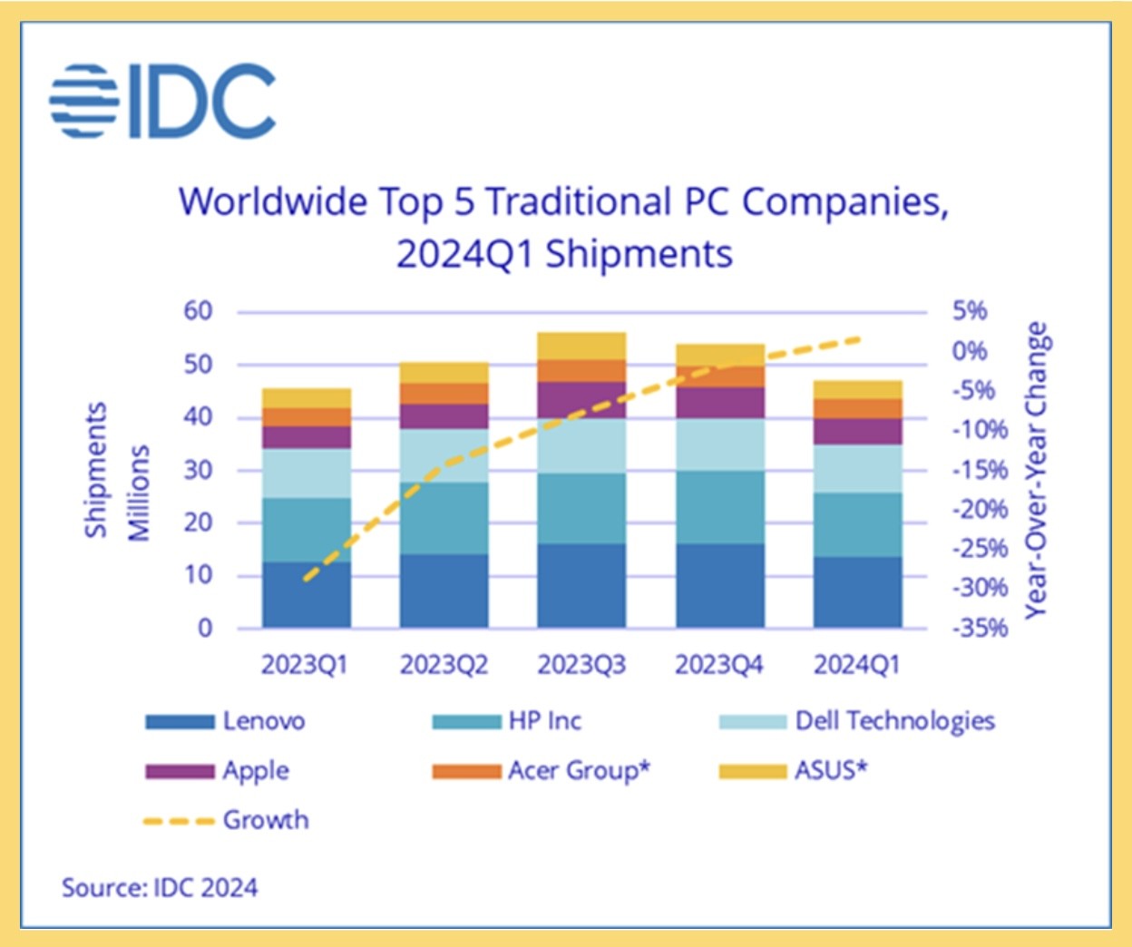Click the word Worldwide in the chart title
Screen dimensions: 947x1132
click(x=272, y=201)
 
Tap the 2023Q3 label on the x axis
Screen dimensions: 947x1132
click(x=581, y=665)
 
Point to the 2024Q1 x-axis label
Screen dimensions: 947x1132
click(x=857, y=665)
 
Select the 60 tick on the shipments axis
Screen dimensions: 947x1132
click(x=198, y=311)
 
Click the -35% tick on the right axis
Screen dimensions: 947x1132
click(x=980, y=628)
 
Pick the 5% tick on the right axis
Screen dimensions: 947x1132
click(x=970, y=311)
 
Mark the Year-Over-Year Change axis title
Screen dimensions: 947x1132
click(x=1036, y=470)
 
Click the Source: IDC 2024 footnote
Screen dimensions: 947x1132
click(x=160, y=887)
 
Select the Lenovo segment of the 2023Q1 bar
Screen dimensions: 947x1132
click(x=307, y=595)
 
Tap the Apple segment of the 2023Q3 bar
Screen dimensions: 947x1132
click(x=581, y=400)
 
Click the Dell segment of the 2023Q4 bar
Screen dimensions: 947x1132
click(x=720, y=444)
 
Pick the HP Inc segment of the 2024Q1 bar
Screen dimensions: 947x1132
click(x=857, y=525)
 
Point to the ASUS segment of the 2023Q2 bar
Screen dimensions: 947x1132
click(x=444, y=373)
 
